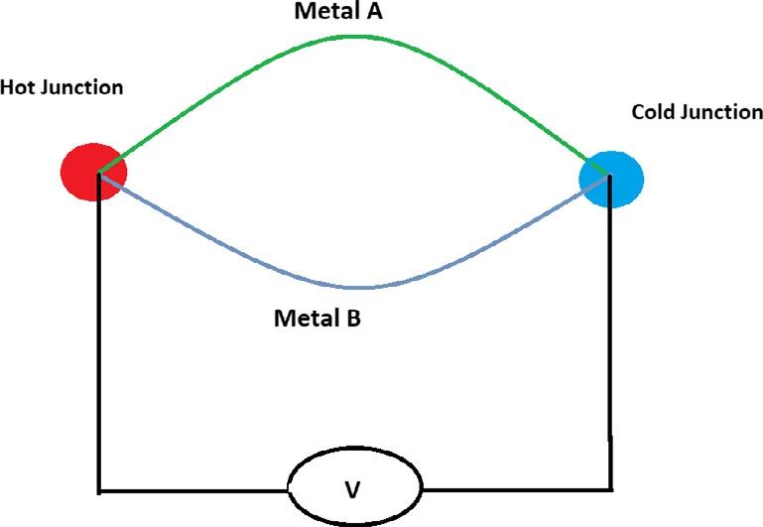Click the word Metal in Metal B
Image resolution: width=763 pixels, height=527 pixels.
tap(303, 320)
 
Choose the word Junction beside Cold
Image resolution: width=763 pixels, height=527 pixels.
tap(721, 112)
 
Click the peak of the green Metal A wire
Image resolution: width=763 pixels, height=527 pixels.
tap(354, 37)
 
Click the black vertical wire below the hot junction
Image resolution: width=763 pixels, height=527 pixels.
tap(98, 337)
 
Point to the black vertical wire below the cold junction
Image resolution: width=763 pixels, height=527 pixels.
tap(609, 337)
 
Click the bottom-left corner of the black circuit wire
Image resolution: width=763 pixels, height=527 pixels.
tap(99, 490)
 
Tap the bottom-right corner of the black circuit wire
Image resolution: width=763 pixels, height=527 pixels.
tap(609, 488)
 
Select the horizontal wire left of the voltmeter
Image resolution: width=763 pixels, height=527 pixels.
tap(193, 490)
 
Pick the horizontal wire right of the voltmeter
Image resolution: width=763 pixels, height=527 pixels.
tap(516, 488)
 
